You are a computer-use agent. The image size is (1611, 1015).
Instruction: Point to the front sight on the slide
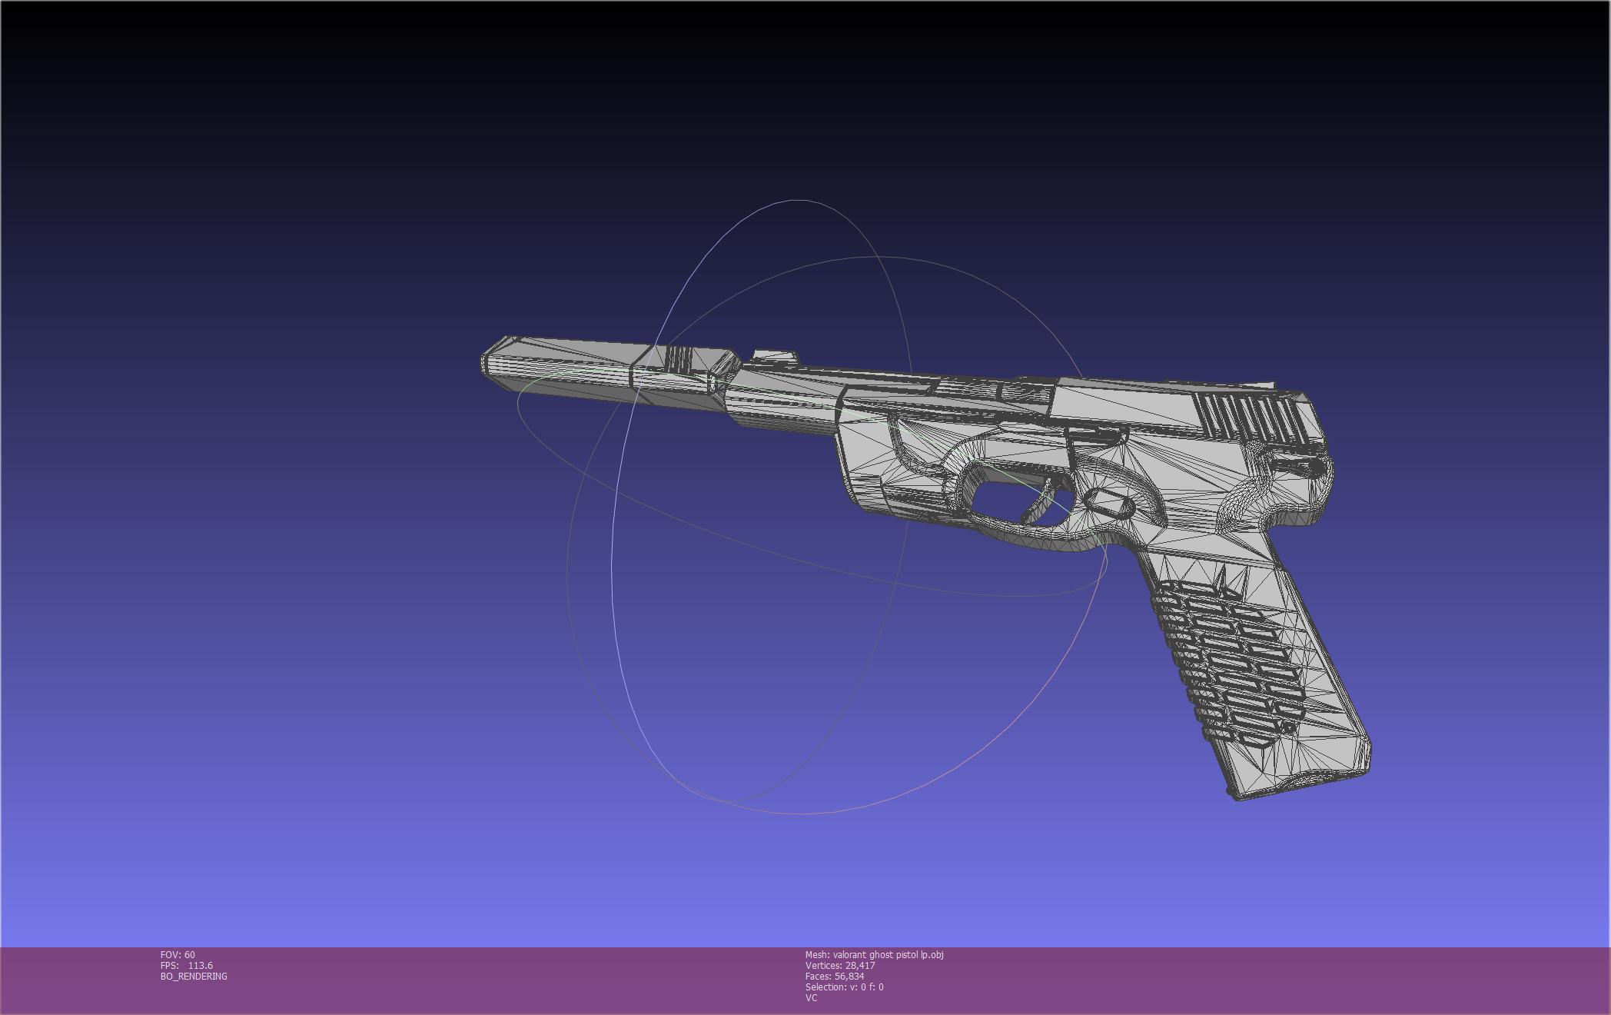point(773,356)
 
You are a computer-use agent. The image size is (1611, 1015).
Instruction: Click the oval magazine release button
point(1110,506)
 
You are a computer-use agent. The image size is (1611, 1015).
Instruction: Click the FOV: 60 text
point(178,955)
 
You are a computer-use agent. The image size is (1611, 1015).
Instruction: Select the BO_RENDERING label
point(194,977)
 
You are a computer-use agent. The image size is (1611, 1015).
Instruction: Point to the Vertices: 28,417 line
point(840,966)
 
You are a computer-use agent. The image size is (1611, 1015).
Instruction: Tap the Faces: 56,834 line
point(835,977)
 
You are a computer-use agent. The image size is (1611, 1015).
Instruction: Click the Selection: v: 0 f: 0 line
point(844,987)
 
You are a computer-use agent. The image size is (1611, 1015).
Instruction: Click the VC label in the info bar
point(811,998)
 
